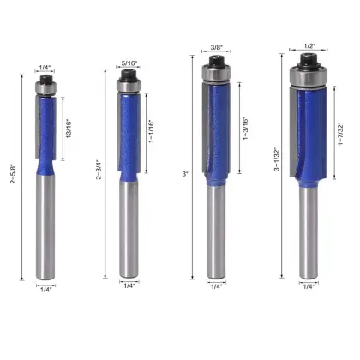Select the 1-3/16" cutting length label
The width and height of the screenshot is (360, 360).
(247, 129)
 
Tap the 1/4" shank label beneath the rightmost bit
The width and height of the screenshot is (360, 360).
(309, 288)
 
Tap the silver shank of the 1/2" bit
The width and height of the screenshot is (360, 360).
(309, 231)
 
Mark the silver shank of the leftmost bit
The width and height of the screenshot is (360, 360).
(45, 223)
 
